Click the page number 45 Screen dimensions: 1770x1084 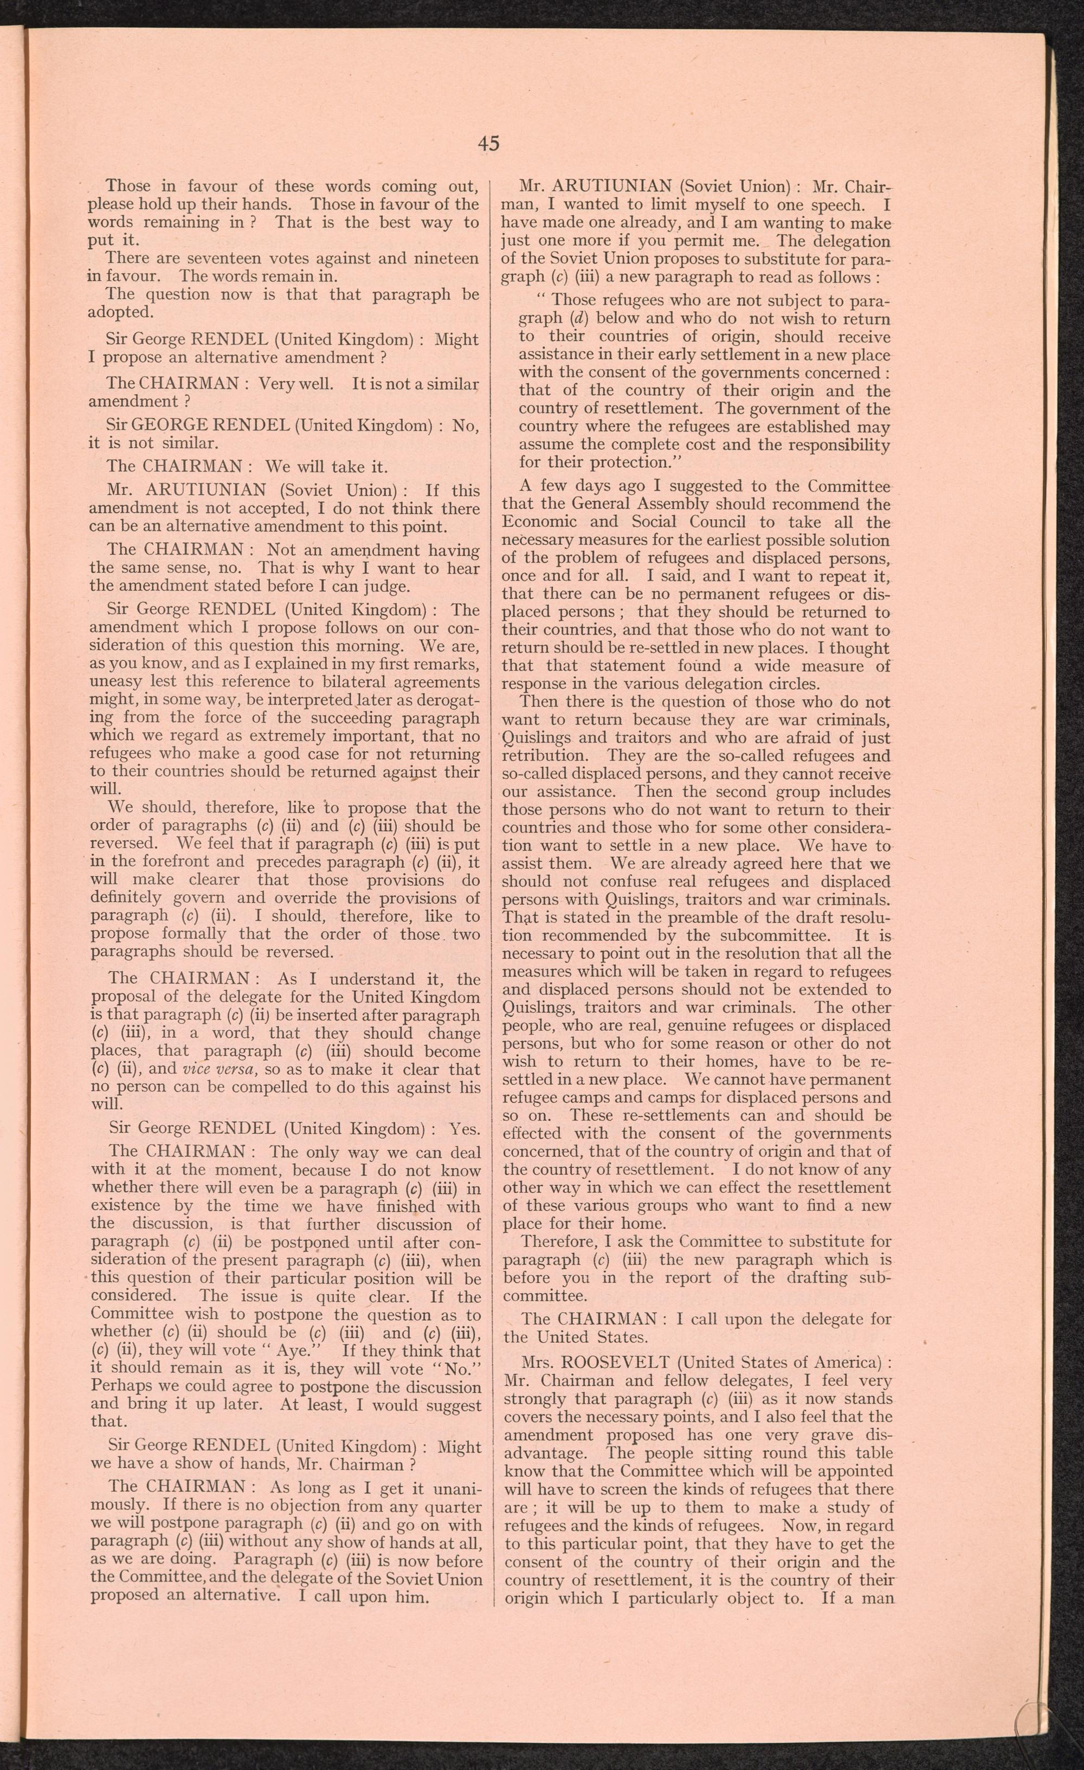coord(488,144)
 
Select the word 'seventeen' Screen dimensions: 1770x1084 coord(214,259)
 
